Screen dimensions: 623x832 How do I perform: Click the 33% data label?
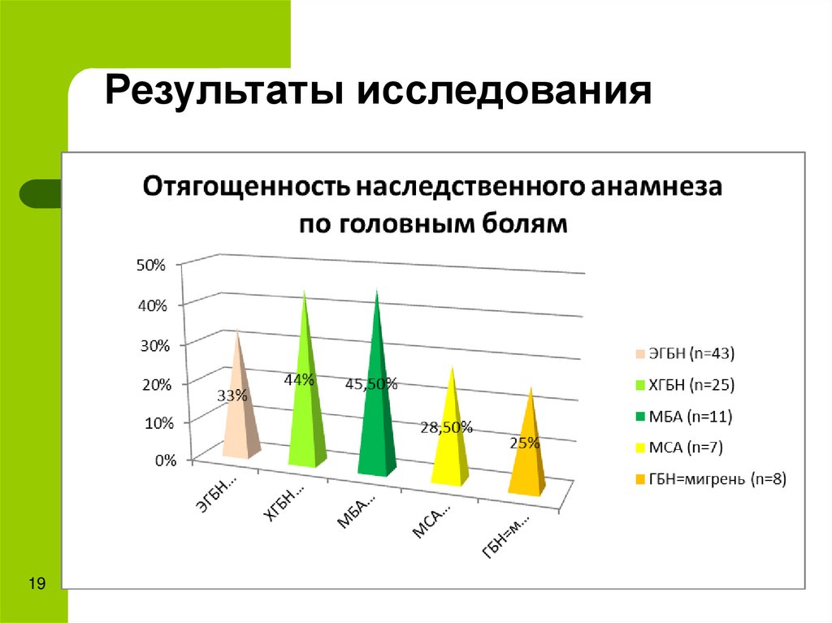232,396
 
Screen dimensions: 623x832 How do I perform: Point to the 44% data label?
298,379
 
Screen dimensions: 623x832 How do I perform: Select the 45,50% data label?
371,384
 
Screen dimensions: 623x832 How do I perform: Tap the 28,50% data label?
446,427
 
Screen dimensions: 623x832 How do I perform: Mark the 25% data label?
524,443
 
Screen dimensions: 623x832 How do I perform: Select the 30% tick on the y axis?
154,344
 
